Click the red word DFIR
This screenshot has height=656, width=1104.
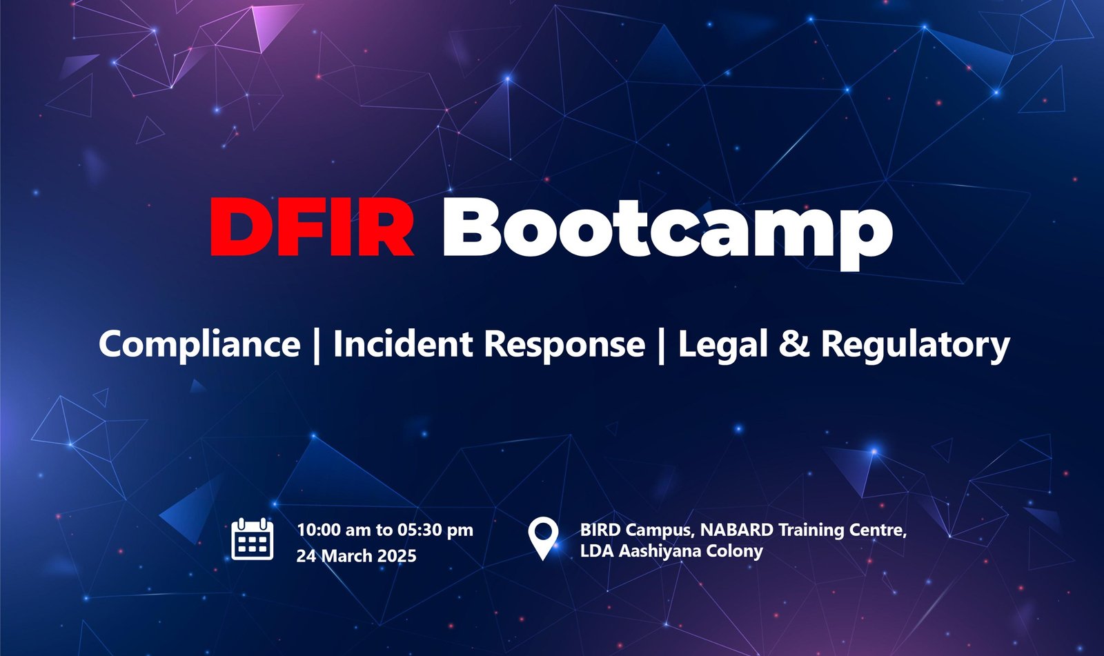click(311, 227)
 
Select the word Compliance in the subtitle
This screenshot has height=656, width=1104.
click(199, 345)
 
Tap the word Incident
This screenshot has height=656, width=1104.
click(403, 344)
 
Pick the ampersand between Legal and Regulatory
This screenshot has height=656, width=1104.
click(794, 344)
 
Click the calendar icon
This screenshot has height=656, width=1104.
click(253, 539)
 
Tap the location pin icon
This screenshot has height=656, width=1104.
click(542, 538)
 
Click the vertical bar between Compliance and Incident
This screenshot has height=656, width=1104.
click(317, 346)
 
